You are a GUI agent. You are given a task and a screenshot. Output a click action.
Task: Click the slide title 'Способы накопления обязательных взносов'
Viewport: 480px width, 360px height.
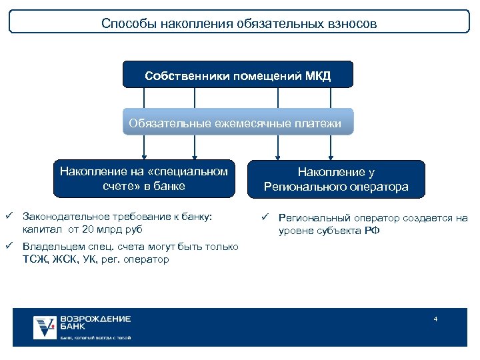239,23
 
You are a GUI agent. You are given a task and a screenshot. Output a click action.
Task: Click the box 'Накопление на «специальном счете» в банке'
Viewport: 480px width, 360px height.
144,179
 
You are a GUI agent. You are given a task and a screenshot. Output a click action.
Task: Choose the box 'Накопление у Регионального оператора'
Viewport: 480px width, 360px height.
336,180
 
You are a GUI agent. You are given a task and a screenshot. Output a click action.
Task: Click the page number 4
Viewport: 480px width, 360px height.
435,319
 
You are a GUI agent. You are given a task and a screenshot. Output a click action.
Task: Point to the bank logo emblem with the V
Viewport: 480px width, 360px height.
45,327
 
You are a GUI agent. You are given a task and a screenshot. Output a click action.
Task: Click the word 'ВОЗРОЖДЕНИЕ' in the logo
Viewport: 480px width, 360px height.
95,319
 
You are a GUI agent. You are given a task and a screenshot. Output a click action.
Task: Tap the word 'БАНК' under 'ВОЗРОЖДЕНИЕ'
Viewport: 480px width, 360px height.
73,327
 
